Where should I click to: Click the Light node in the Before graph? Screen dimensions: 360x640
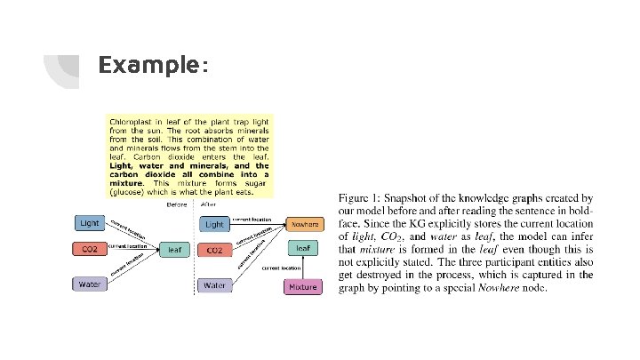(90, 222)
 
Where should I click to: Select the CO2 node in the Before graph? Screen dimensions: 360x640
(90, 251)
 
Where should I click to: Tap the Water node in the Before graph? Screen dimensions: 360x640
(90, 284)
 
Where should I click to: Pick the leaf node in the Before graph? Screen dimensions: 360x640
(174, 251)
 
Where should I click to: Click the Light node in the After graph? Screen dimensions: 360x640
(214, 224)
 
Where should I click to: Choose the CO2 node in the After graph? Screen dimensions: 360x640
(214, 251)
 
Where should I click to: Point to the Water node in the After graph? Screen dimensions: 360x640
(214, 285)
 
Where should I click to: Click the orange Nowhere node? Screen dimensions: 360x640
(302, 225)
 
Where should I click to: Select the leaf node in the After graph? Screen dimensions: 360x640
(302, 248)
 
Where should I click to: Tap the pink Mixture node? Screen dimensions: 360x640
(302, 286)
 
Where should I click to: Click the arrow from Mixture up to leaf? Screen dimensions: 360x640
(302, 268)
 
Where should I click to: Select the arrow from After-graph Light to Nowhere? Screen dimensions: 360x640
(258, 223)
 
